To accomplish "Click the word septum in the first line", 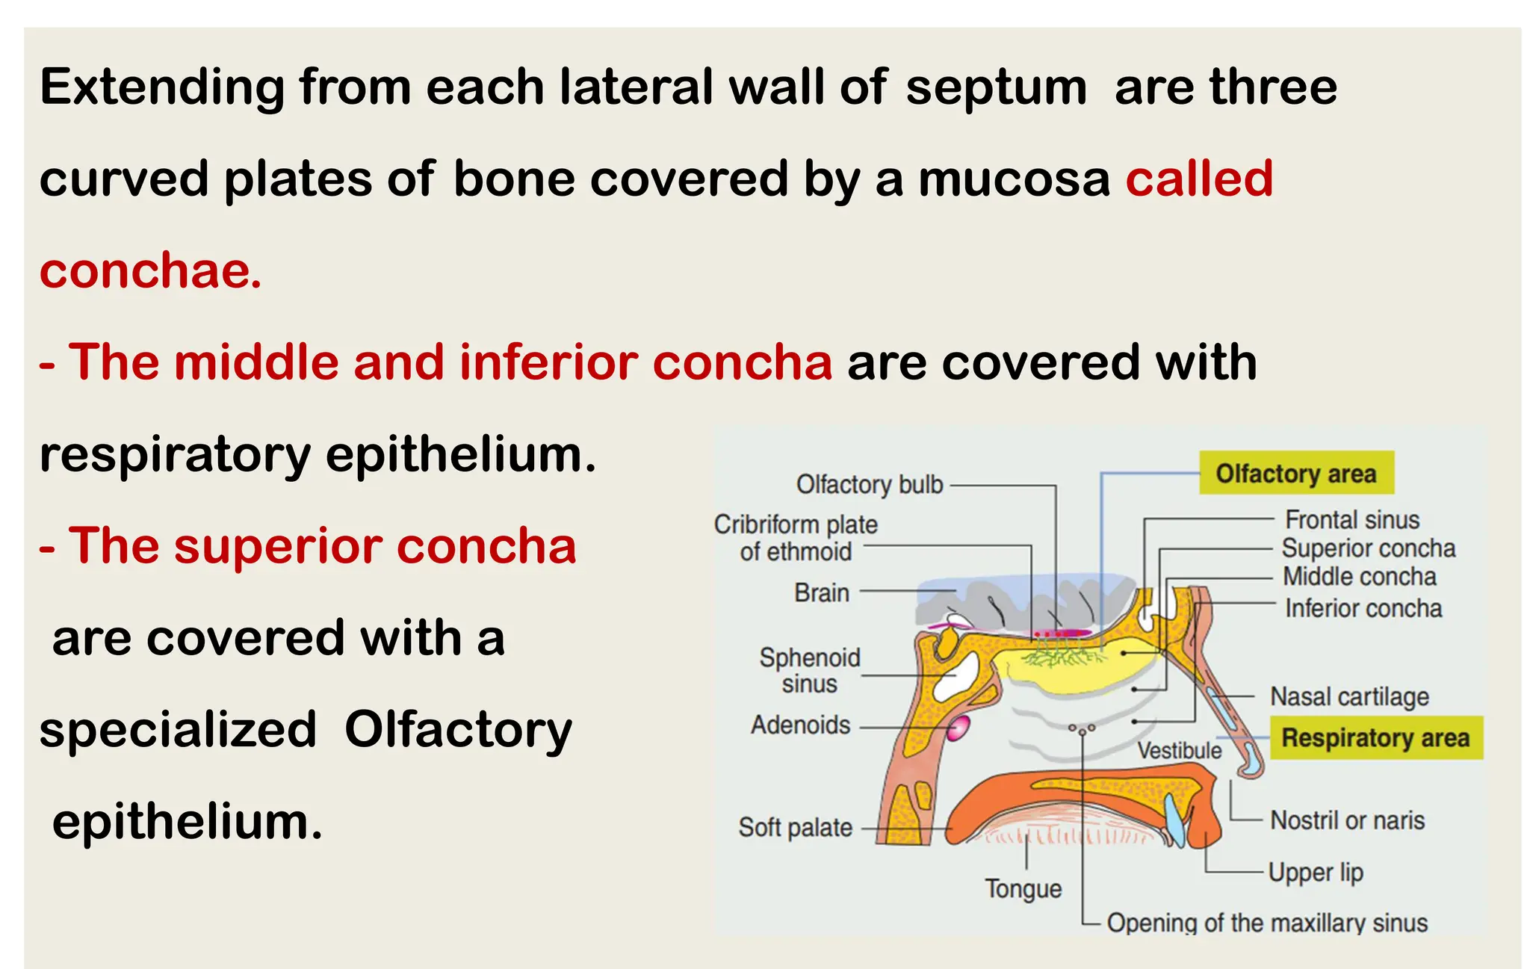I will tap(996, 88).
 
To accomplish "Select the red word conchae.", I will tap(150, 270).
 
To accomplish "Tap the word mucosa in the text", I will tap(1014, 180).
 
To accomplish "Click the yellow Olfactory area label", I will tap(1296, 473).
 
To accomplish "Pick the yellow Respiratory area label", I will tap(1375, 738).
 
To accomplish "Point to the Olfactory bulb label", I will tap(870, 484).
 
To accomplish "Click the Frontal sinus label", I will tap(1351, 519).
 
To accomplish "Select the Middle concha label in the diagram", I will tap(1359, 577).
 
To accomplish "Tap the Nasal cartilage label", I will tap(1349, 696).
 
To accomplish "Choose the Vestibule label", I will tap(1179, 750).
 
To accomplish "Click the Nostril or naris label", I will tap(1347, 820).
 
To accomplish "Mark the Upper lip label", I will tap(1316, 873).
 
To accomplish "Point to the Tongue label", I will tap(1023, 889).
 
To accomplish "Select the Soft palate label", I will tap(795, 828).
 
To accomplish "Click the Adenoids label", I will tap(800, 725).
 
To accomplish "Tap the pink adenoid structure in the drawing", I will tap(958, 727).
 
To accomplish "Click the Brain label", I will tap(821, 592).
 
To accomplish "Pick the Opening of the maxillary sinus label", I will tap(1267, 923).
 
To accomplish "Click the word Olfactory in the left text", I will tap(458, 730).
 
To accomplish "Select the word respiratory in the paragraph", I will tap(175, 455).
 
